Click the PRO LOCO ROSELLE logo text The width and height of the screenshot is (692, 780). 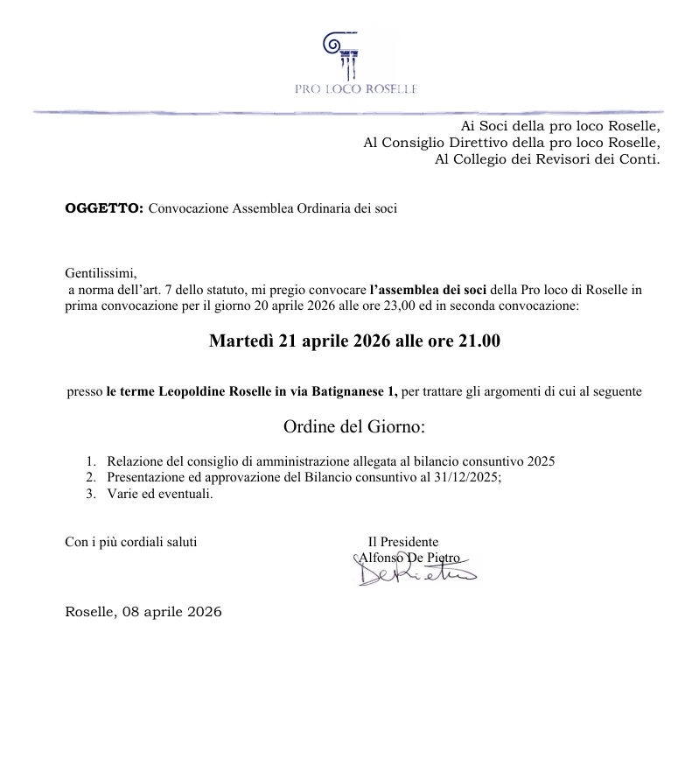point(356,89)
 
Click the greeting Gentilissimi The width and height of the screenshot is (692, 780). point(101,272)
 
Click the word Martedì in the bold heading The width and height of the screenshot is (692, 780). point(241,341)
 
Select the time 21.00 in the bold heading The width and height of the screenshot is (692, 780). point(479,341)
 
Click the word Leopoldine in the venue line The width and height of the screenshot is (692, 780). point(195,392)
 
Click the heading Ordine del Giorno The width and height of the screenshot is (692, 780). point(354,428)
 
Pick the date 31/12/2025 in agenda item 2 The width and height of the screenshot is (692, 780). point(465,478)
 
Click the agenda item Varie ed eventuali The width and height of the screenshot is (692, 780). point(159,495)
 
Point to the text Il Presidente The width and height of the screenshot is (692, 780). point(403,542)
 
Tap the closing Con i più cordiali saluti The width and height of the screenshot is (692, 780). point(131,542)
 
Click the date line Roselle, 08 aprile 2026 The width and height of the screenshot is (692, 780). point(143,612)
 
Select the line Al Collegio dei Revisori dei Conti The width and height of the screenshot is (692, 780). point(547,159)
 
